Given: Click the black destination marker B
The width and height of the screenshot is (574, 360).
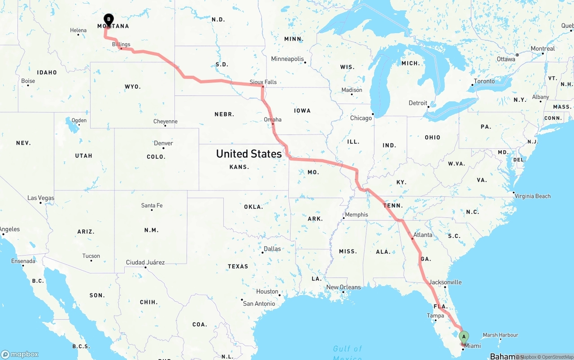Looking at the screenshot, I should click(108, 19).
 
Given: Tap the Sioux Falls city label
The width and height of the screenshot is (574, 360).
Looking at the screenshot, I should click(263, 82).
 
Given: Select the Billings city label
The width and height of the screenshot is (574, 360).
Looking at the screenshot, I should click(121, 44).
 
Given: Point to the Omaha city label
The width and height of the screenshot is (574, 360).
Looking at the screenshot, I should click(273, 120).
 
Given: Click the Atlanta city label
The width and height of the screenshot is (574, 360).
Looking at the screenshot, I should click(423, 235).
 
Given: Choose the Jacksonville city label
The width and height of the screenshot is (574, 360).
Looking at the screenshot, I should click(445, 282).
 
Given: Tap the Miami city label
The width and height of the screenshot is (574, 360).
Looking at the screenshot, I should click(473, 346).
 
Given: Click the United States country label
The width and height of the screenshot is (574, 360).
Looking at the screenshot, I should click(249, 154).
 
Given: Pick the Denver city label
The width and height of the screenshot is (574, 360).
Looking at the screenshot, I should click(163, 143).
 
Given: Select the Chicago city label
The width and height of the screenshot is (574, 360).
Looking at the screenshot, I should click(361, 118).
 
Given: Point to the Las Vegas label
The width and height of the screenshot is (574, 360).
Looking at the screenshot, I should click(41, 198).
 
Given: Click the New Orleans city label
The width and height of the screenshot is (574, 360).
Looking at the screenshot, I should click(344, 287).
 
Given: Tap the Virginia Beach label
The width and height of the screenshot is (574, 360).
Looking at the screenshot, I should click(532, 196).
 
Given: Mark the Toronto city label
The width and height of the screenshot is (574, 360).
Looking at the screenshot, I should click(484, 82).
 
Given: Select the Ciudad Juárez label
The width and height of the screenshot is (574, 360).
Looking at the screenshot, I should click(145, 263).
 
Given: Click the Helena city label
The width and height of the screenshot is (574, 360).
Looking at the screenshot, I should click(78, 30).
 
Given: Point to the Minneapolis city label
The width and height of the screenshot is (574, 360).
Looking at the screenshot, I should click(287, 59).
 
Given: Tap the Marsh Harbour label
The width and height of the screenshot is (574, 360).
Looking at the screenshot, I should click(500, 335).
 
